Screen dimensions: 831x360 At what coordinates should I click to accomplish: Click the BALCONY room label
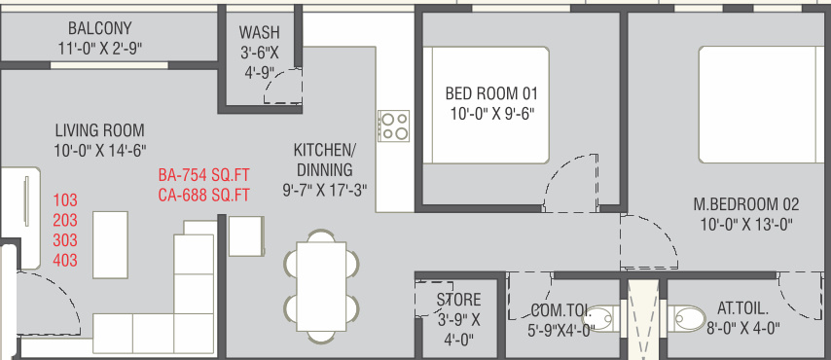(99, 27)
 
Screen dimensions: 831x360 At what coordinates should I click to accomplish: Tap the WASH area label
(259, 32)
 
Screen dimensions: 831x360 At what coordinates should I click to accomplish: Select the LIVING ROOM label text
(99, 130)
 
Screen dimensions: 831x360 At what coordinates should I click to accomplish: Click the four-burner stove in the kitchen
(393, 126)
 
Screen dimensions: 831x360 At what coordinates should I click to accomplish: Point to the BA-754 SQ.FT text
(203, 175)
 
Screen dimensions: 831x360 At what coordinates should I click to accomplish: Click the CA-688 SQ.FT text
(203, 196)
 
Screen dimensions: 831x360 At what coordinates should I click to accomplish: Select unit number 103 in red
(65, 200)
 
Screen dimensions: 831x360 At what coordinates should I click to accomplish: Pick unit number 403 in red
(65, 261)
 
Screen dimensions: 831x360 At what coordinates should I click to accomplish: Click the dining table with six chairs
(321, 286)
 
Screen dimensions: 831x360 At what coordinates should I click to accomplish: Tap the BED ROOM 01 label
(491, 93)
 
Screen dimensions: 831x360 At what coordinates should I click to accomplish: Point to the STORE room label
(458, 300)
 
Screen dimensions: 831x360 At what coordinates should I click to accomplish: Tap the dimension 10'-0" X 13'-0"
(746, 225)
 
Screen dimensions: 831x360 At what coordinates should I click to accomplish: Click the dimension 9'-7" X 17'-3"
(324, 190)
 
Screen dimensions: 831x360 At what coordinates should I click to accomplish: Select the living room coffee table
(110, 244)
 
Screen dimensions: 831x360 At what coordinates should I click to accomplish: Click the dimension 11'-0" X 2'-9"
(99, 49)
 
